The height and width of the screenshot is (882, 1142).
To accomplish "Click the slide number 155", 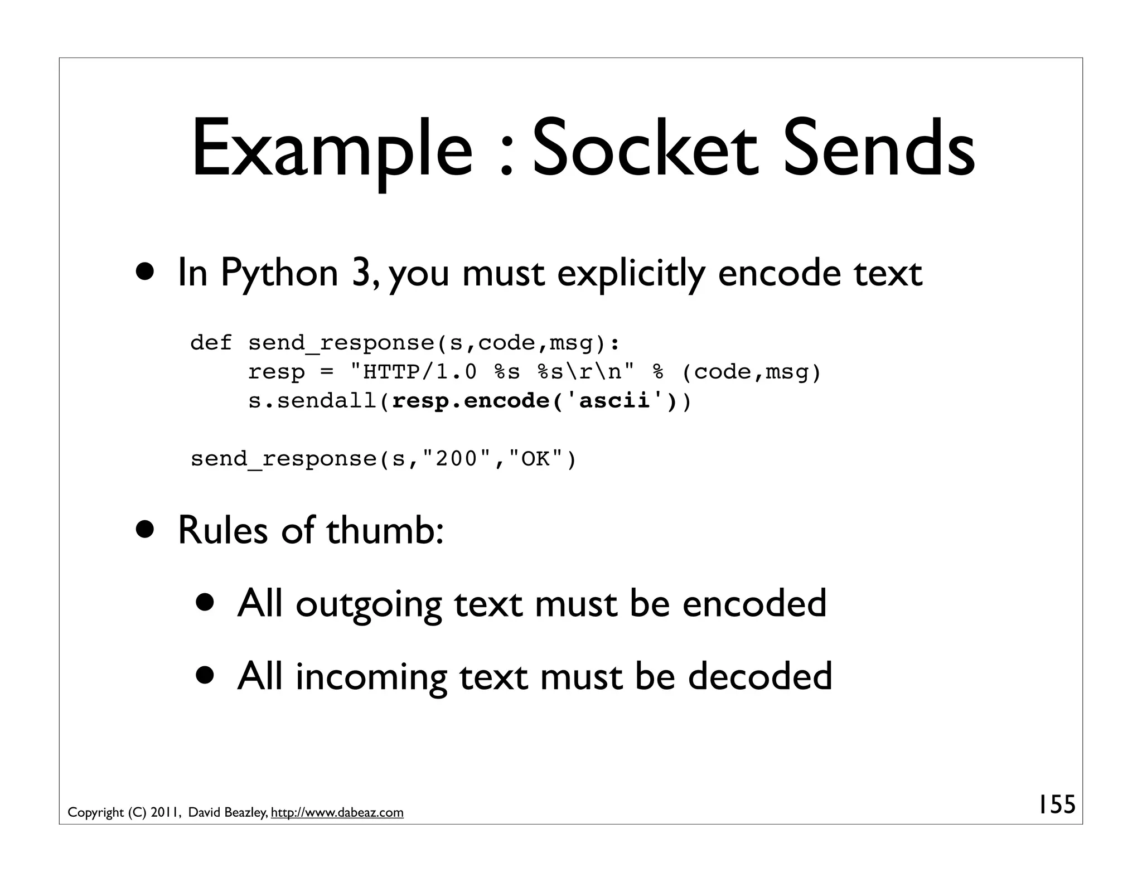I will [1056, 805].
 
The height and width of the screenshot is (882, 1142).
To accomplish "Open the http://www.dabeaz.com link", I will [337, 813].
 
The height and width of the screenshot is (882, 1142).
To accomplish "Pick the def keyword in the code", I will [211, 342].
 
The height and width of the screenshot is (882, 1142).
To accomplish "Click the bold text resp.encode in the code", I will [471, 401].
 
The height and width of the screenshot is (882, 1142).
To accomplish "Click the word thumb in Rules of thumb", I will [385, 530].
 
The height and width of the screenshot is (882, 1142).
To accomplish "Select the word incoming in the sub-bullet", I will [371, 677].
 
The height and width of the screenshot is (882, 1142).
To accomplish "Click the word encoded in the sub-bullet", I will [754, 604].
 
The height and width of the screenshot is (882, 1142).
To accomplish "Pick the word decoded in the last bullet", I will [759, 676].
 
